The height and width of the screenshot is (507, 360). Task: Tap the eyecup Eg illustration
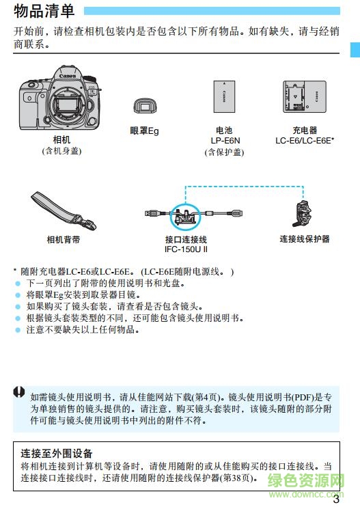click(x=144, y=106)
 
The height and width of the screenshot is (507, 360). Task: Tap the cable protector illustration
click(x=302, y=211)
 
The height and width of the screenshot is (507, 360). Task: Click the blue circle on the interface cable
click(x=184, y=215)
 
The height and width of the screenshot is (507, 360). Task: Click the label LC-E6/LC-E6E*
click(x=305, y=141)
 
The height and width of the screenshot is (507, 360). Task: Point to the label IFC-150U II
click(x=186, y=250)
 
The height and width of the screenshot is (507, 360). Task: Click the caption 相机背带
click(x=63, y=240)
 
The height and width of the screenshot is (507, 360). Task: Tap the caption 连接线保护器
click(x=305, y=239)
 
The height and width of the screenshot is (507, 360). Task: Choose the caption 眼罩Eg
click(x=144, y=131)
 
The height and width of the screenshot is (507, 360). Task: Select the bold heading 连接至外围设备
click(x=57, y=453)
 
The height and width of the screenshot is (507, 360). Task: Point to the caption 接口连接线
click(x=186, y=240)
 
